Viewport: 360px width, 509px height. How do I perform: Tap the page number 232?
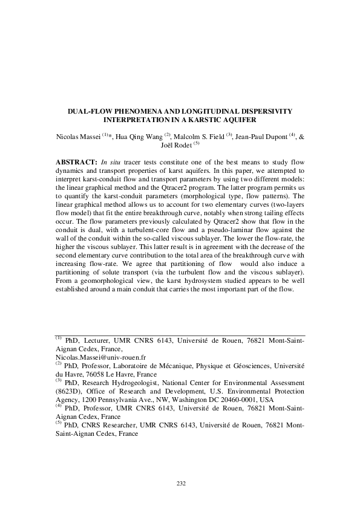tap(180, 482)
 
